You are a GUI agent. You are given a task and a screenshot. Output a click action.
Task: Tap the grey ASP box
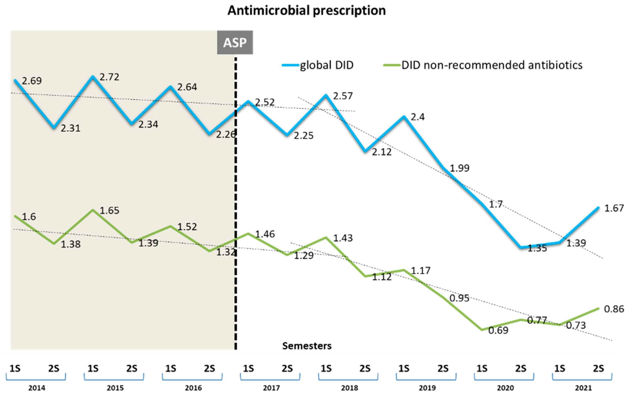click(235, 42)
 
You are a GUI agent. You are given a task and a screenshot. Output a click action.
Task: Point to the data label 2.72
click(109, 77)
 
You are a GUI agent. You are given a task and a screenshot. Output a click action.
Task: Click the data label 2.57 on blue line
click(343, 96)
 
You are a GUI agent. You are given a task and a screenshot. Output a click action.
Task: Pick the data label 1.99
click(460, 168)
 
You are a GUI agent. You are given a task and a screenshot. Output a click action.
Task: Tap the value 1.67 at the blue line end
click(614, 208)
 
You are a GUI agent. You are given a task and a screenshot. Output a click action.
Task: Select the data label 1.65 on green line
click(109, 210)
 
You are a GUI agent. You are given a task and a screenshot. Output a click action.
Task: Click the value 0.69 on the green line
click(498, 330)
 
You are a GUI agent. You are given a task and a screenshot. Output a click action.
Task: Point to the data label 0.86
click(614, 309)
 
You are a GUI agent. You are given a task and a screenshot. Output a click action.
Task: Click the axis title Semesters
click(307, 346)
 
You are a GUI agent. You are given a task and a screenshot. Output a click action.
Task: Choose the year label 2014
click(37, 388)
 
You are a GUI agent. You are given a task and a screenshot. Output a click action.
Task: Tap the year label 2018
click(349, 388)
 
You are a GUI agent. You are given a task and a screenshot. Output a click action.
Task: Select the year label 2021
click(583, 388)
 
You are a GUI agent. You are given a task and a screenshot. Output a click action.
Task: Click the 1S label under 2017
click(248, 369)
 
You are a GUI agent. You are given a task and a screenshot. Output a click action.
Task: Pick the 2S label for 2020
click(521, 369)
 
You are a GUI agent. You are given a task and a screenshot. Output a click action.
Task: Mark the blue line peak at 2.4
click(404, 117)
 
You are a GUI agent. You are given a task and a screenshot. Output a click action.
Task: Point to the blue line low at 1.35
click(521, 247)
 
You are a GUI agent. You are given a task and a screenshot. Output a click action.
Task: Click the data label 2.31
click(70, 128)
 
